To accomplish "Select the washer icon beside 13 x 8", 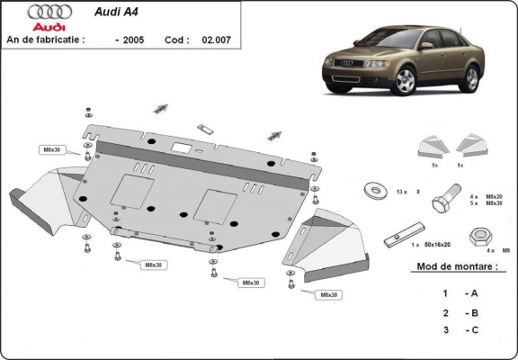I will click(371, 191).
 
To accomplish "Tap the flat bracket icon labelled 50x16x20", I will click(397, 237).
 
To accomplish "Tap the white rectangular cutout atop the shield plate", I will click(181, 148).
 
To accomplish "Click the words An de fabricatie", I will click(46, 40).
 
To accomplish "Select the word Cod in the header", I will click(175, 40).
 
